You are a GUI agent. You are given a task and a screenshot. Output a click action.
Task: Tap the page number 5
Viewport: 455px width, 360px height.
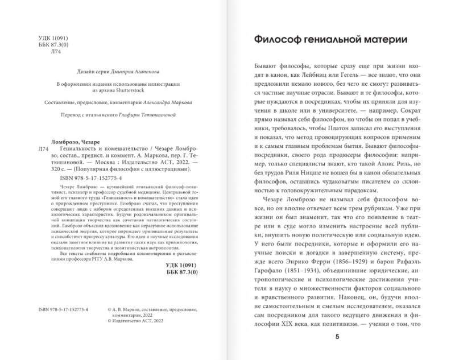tap(337, 337)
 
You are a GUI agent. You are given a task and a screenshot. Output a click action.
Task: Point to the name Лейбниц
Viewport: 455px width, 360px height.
tap(330, 78)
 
